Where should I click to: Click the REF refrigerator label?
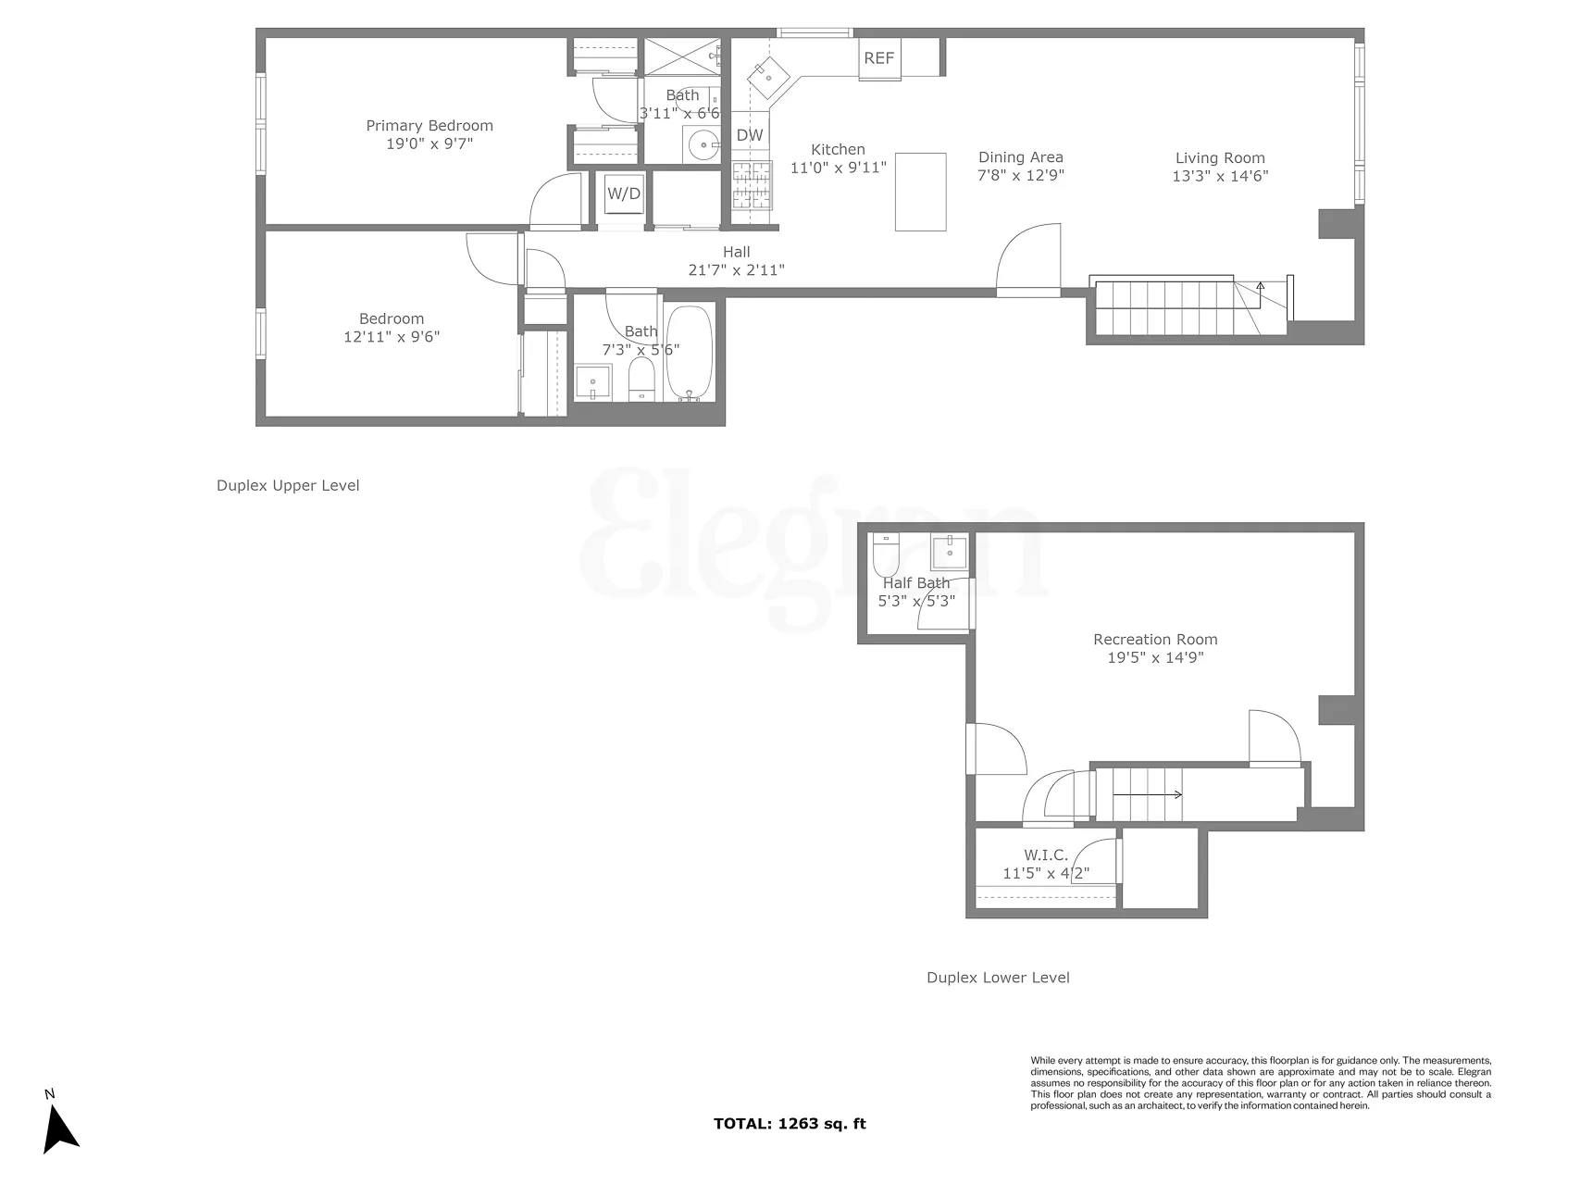click(x=878, y=58)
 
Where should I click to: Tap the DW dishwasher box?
click(x=750, y=135)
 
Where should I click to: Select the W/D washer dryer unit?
click(x=623, y=193)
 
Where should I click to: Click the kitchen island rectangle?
click(x=920, y=192)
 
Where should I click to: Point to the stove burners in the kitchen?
click(x=752, y=186)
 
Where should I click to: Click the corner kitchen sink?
click(x=767, y=74)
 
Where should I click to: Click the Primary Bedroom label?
click(x=429, y=126)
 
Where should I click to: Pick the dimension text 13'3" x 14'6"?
click(x=1220, y=176)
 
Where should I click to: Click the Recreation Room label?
click(x=1155, y=639)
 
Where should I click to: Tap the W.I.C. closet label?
click(x=1046, y=855)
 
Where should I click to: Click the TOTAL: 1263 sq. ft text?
click(x=790, y=1124)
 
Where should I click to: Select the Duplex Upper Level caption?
click(x=288, y=485)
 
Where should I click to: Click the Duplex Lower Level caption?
click(x=998, y=978)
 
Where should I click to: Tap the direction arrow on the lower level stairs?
click(x=1147, y=794)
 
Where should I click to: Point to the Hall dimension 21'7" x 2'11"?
click(x=737, y=270)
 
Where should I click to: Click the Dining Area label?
click(x=1020, y=157)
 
